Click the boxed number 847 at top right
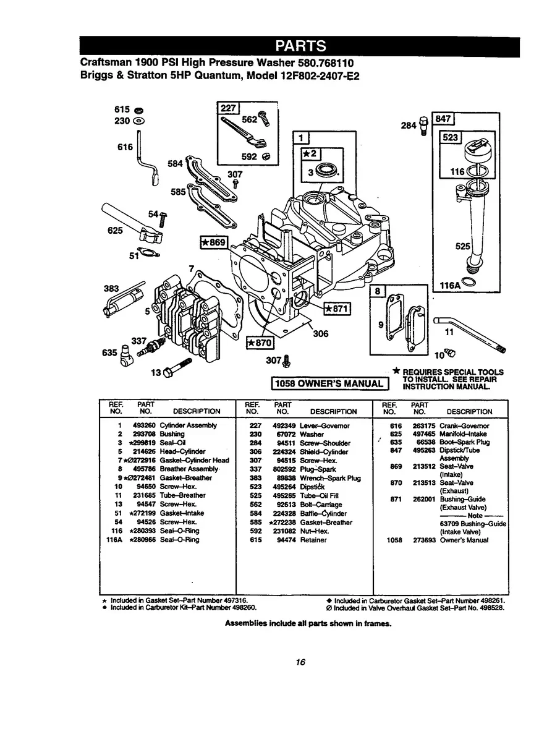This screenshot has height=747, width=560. tap(445, 118)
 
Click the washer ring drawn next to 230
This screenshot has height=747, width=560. tap(139, 121)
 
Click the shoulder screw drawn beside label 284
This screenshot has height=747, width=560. tap(423, 126)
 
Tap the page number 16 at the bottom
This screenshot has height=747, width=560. tap(300, 662)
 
